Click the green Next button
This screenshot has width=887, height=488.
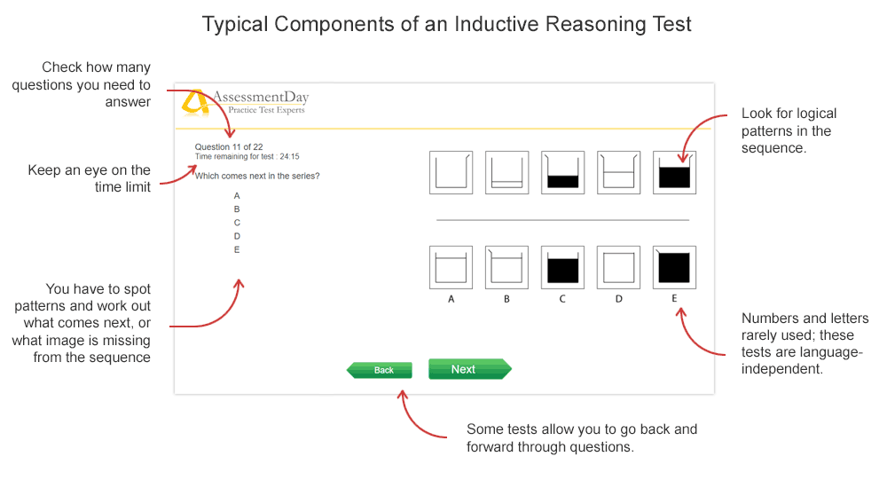(470, 369)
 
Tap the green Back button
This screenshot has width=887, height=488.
(380, 370)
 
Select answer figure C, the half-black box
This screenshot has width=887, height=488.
(562, 267)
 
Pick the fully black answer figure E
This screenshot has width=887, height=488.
(674, 267)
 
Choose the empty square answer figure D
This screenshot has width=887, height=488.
(618, 267)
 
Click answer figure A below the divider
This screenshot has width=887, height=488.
(451, 267)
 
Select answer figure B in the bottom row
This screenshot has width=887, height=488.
(506, 267)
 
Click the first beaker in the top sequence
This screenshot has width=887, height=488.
(451, 173)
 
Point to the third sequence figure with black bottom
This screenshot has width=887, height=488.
(562, 173)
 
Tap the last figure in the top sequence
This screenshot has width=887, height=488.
(674, 173)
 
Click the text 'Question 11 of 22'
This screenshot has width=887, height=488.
(229, 146)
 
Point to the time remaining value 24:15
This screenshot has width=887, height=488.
(290, 156)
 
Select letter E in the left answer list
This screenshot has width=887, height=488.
(237, 249)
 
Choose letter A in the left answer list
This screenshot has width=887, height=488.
(237, 195)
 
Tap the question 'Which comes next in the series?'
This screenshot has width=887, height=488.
(257, 176)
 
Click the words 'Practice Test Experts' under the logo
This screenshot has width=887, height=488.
(266, 110)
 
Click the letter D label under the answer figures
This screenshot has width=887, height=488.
(619, 299)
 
